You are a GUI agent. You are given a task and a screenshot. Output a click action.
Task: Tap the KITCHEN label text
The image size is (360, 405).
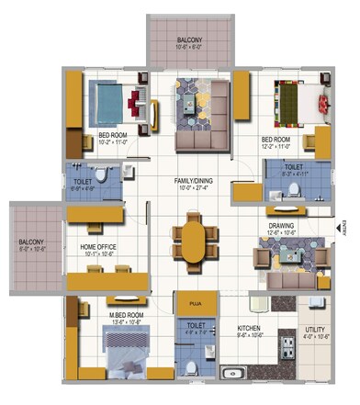pos(250,327)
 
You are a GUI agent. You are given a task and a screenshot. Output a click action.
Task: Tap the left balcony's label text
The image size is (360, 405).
pos(33,242)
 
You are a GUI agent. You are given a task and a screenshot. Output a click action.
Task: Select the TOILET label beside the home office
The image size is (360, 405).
pos(81,182)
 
